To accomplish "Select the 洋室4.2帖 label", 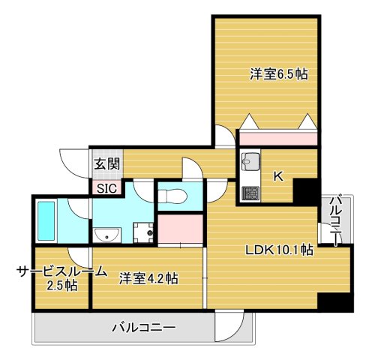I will coord(148,278).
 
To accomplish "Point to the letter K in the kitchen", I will coord(277,176).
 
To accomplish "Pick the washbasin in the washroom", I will coord(108,235).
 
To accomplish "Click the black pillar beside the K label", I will coord(305,191).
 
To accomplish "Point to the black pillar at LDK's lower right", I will coord(334,302).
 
